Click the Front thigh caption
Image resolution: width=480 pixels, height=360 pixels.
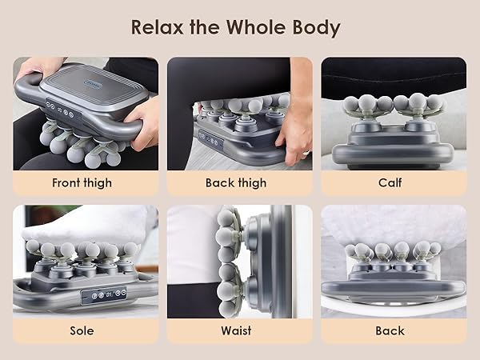(83, 182)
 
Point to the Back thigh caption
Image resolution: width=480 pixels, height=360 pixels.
(237, 182)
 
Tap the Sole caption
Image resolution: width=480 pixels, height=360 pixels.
(83, 330)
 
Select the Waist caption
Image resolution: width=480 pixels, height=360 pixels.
(237, 330)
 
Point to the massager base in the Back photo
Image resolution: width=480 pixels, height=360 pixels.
(392, 288)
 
